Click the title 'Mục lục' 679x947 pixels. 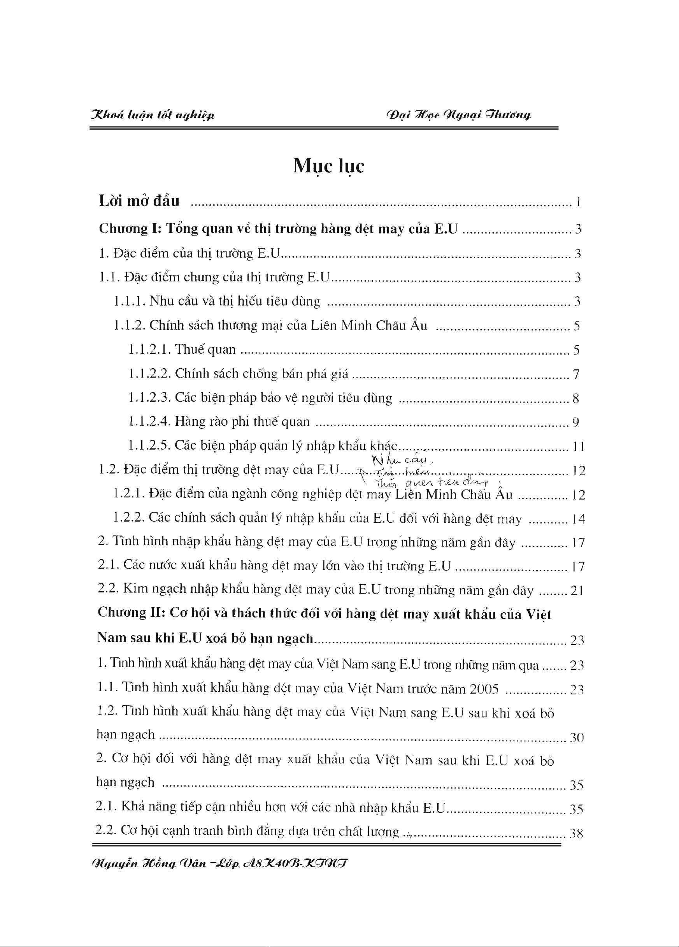point(328,166)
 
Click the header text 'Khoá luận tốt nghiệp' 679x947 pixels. point(152,115)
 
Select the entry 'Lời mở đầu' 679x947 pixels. point(139,201)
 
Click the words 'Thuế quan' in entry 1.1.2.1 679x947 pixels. point(205,350)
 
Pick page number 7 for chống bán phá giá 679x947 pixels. point(576,374)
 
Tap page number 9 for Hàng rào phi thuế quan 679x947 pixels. point(575,423)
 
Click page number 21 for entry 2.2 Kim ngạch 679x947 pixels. point(576,591)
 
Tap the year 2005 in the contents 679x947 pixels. point(484,689)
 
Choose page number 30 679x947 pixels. point(577,738)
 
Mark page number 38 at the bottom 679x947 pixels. point(576,834)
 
